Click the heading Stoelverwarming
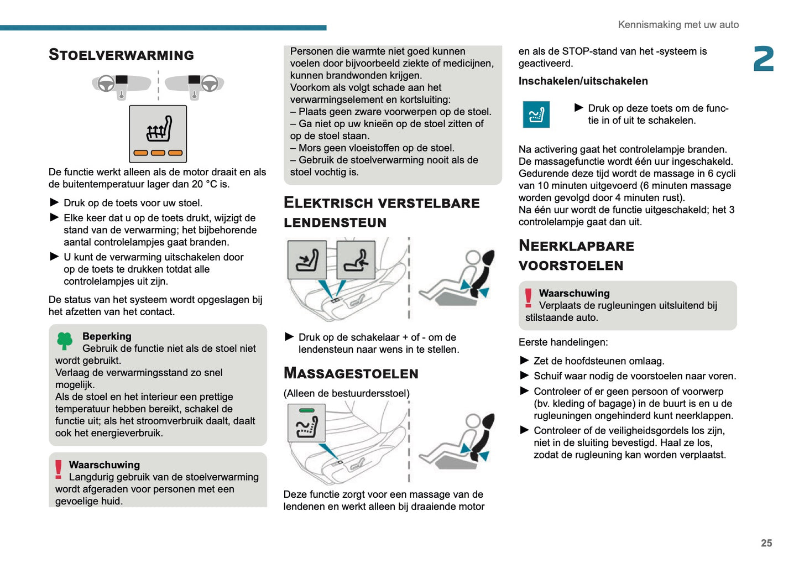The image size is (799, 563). (x=121, y=55)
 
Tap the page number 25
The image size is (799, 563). (x=766, y=543)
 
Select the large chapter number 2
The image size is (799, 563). (x=764, y=59)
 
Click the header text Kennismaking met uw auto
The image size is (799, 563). (x=678, y=24)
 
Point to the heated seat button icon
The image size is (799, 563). (x=158, y=134)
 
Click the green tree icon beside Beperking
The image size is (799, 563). (x=65, y=341)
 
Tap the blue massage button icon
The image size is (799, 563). (x=536, y=114)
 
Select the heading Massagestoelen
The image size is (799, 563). (x=351, y=373)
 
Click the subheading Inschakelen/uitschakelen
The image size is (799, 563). (x=583, y=81)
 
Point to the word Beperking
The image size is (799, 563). (x=107, y=336)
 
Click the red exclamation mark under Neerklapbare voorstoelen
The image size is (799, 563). (x=528, y=298)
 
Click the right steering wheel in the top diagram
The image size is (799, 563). (x=210, y=84)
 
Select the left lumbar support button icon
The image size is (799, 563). (x=307, y=260)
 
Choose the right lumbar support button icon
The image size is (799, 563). (x=356, y=260)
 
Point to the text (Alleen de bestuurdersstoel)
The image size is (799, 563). (x=346, y=393)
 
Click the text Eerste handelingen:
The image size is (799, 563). (x=563, y=342)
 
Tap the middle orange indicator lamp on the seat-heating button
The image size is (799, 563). (x=158, y=153)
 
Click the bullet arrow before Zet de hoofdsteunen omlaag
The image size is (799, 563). (x=525, y=361)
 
